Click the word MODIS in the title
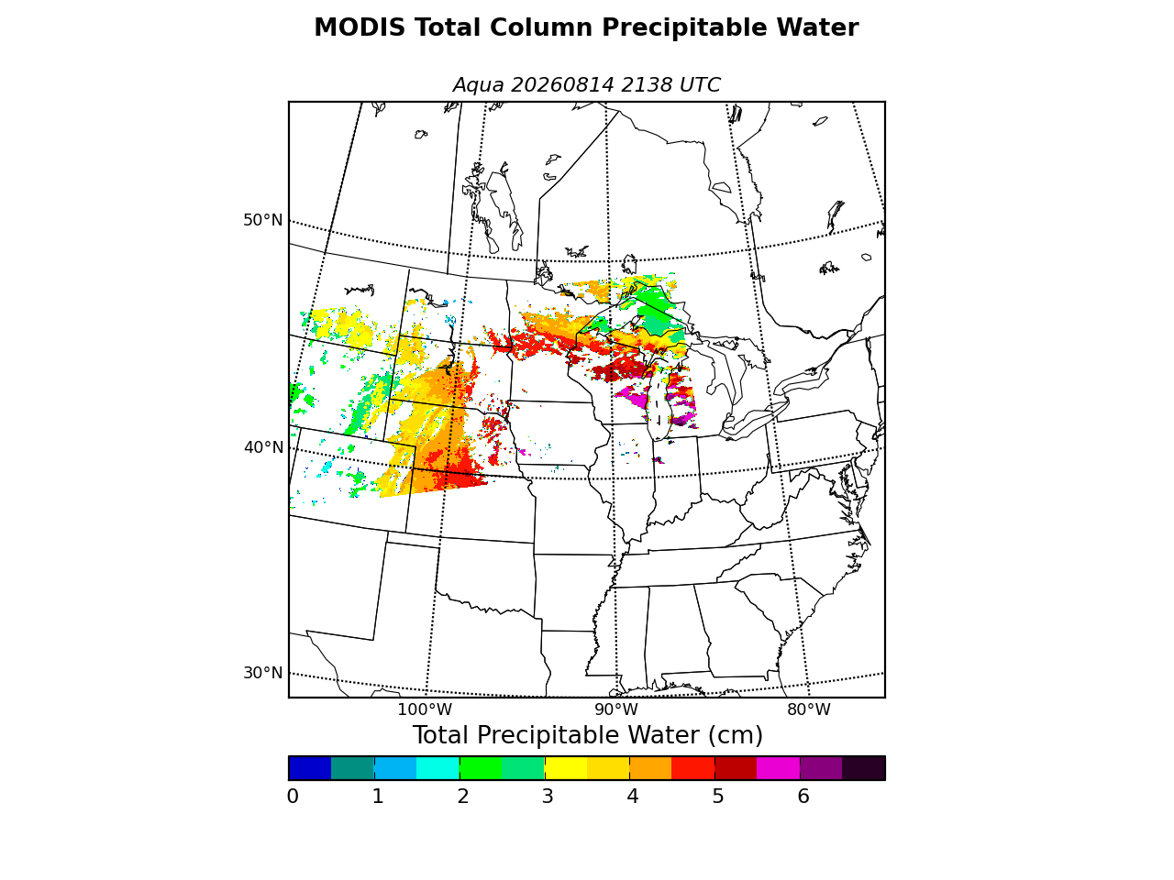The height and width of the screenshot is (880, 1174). (360, 27)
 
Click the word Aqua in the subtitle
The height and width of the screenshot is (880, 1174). (478, 85)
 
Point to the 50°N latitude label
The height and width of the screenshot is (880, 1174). (262, 220)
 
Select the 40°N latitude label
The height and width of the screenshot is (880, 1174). (263, 447)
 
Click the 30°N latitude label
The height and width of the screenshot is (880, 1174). (262, 673)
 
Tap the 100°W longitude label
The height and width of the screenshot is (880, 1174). (425, 709)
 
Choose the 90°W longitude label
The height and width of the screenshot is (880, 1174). (616, 709)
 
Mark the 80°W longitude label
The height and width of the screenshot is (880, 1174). (809, 709)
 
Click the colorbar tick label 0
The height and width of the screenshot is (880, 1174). (293, 797)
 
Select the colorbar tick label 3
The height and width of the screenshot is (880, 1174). (548, 797)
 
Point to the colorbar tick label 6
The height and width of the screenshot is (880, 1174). (803, 797)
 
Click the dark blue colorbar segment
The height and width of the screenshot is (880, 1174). (310, 768)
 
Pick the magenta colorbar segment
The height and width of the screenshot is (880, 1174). (778, 768)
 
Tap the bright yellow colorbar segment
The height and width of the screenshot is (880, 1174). (566, 768)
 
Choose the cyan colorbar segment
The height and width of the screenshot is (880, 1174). (438, 768)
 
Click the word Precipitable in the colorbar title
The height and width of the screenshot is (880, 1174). (548, 735)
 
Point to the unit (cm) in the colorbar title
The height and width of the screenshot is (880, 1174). (735, 736)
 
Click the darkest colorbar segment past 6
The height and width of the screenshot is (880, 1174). (864, 768)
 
